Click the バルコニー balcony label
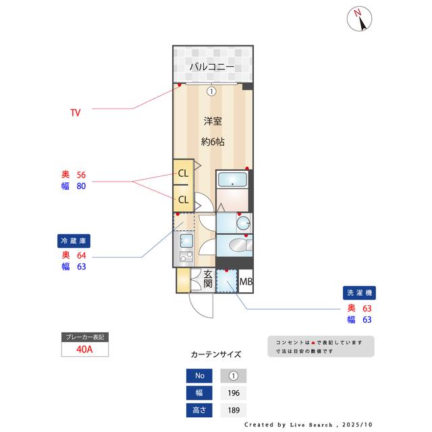point(211,67)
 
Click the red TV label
point(75,113)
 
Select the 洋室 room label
point(213,122)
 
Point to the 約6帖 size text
point(213,142)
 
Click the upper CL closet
point(183,173)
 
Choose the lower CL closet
point(183,199)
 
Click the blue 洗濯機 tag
point(357,293)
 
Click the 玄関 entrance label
point(208,279)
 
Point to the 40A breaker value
point(84,350)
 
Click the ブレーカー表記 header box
point(84,336)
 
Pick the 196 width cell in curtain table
point(234,393)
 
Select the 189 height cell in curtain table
point(234,410)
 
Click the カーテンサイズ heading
point(216,354)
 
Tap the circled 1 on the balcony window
point(211,91)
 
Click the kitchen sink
point(185,240)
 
